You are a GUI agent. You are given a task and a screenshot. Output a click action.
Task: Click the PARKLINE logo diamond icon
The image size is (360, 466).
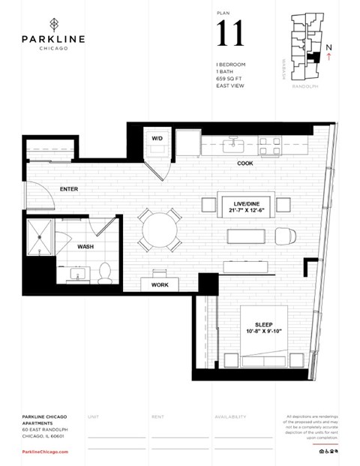coord(52,23)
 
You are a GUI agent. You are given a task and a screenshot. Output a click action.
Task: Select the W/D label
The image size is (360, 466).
coord(157,139)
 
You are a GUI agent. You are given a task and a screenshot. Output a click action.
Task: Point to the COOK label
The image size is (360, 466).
coord(244,163)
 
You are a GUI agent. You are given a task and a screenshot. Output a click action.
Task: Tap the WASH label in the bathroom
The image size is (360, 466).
coord(85,246)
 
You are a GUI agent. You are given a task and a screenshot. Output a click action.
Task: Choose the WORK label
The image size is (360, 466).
coord(159,285)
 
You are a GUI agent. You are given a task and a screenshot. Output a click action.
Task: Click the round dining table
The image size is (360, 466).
coord(159,230)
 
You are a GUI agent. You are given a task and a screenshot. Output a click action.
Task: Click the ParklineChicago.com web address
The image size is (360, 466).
coord(45,452)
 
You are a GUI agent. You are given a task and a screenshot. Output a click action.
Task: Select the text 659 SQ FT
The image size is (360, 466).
coord(229,78)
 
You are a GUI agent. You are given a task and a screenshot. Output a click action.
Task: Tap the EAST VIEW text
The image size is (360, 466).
coord(229,86)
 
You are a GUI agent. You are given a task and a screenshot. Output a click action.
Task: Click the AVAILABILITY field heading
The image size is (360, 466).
coord(230,416)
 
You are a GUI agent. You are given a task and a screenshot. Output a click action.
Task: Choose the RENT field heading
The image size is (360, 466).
coord(157,416)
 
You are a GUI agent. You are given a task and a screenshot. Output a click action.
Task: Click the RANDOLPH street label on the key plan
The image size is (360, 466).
coord(306,86)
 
